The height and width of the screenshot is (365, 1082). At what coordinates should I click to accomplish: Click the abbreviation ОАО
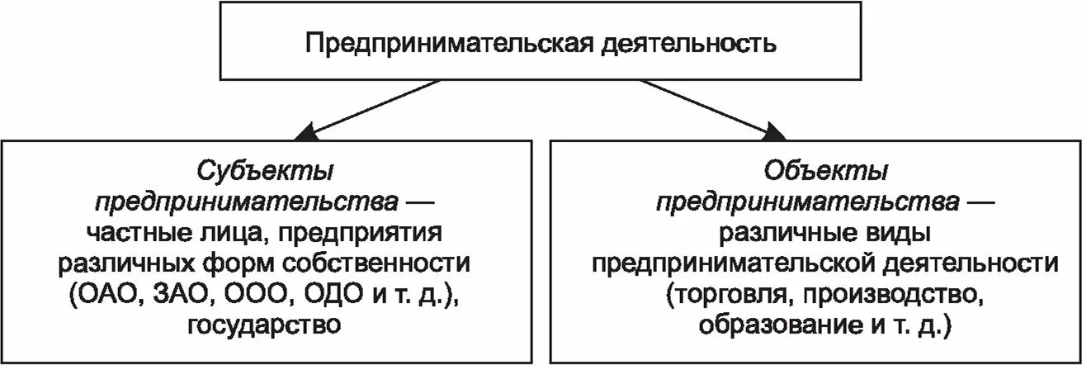[104, 293]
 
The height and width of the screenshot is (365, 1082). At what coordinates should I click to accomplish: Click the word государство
[264, 324]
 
